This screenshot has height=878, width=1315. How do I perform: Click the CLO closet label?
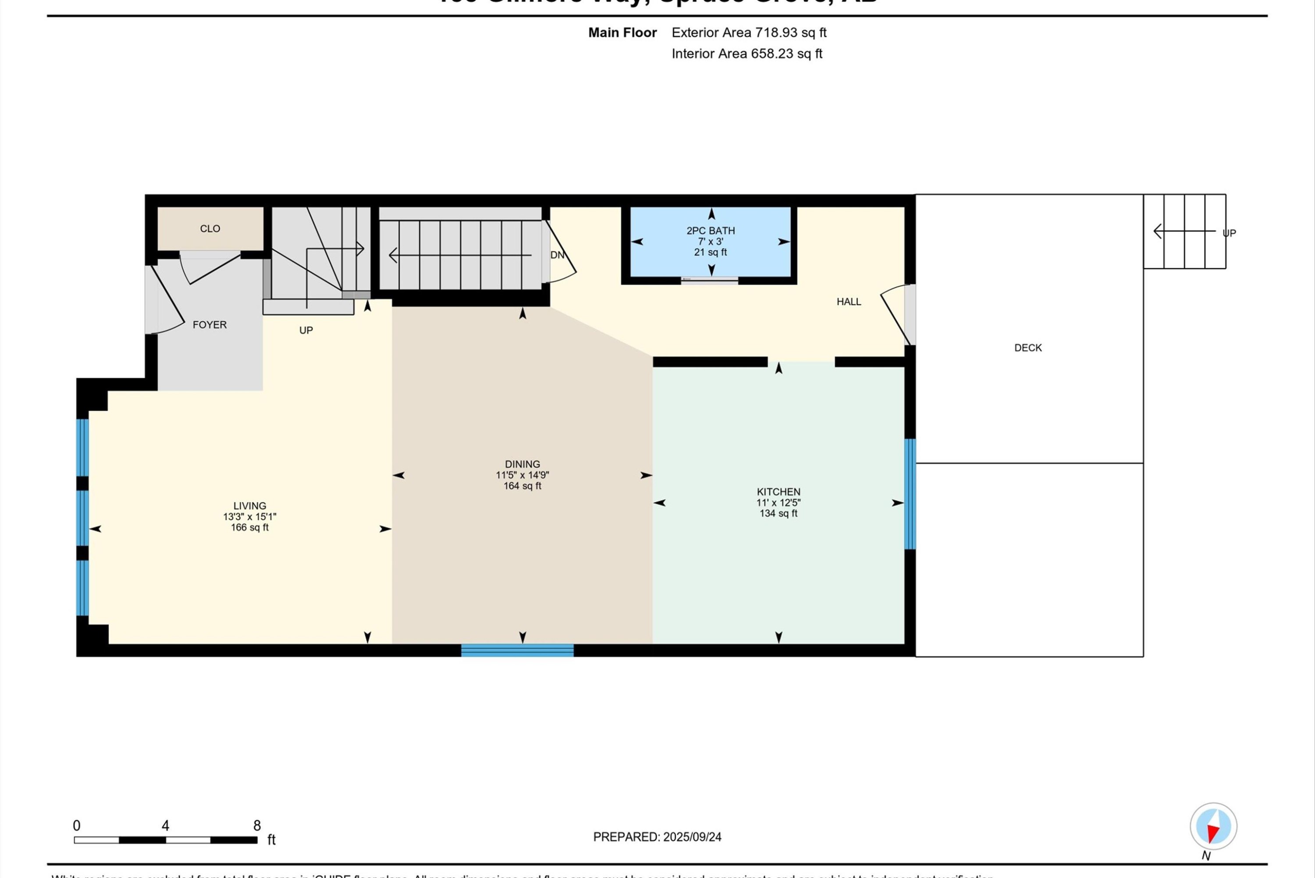210,228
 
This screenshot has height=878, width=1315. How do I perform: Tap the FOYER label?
210,325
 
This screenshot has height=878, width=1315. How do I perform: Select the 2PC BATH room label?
711,231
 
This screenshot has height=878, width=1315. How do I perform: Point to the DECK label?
1028,348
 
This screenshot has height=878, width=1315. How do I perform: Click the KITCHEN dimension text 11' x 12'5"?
778,503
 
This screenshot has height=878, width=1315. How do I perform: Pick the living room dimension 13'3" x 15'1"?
250,517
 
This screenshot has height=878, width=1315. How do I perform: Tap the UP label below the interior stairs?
306,331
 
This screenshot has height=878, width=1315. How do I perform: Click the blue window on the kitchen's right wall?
910,494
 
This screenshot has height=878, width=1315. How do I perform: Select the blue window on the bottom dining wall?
517,650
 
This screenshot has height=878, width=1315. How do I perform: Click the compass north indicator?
1213,826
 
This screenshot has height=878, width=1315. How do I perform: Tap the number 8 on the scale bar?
257,825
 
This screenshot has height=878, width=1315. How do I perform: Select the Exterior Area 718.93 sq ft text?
749,32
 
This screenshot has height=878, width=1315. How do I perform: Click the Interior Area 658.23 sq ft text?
747,54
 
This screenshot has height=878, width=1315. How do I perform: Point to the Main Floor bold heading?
622,32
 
